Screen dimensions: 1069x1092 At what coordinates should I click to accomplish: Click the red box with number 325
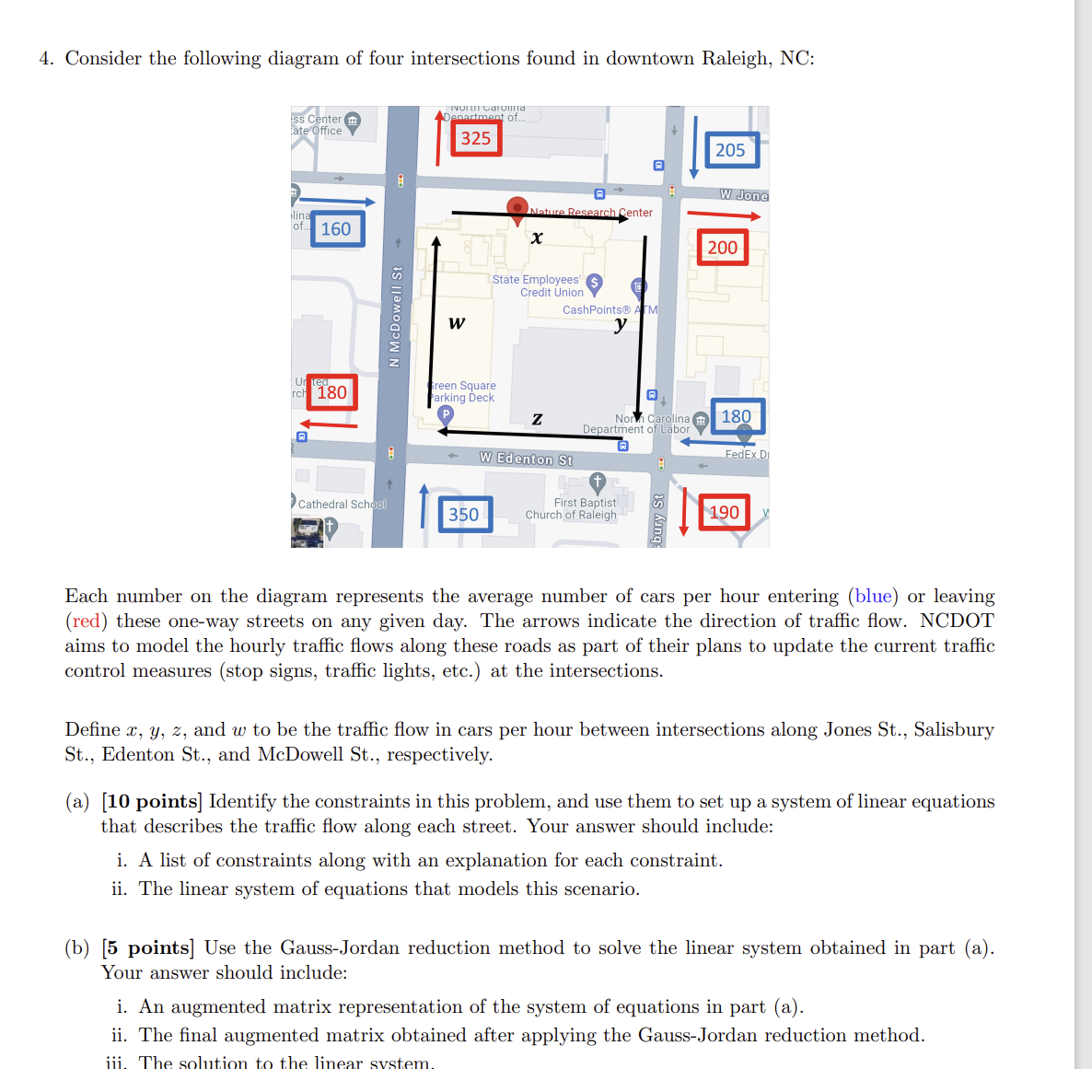476,138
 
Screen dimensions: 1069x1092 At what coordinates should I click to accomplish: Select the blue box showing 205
732,150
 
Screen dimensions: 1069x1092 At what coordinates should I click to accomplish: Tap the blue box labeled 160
337,228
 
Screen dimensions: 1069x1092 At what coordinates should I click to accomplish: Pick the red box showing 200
722,247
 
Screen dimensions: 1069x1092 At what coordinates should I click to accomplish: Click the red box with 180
331,392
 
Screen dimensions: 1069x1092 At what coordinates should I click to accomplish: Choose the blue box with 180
736,416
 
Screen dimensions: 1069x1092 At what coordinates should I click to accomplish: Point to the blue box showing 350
465,514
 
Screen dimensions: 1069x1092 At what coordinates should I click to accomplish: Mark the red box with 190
724,512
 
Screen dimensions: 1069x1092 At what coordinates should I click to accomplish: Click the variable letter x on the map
537,238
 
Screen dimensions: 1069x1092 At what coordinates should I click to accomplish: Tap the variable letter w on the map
457,322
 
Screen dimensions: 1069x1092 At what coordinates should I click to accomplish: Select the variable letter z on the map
537,419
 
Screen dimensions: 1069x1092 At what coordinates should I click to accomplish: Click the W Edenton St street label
526,459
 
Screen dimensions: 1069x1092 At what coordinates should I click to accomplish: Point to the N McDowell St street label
396,316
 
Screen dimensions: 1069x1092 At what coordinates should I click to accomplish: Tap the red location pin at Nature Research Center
517,208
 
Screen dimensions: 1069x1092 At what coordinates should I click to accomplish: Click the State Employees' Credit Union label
537,285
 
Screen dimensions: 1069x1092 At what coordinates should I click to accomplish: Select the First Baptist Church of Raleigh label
572,509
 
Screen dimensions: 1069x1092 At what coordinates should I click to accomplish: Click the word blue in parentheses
873,596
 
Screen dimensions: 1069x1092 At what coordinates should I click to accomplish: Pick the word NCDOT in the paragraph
957,621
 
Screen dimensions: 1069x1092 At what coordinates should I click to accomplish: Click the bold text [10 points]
151,801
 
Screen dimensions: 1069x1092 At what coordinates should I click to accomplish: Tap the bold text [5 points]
147,947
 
